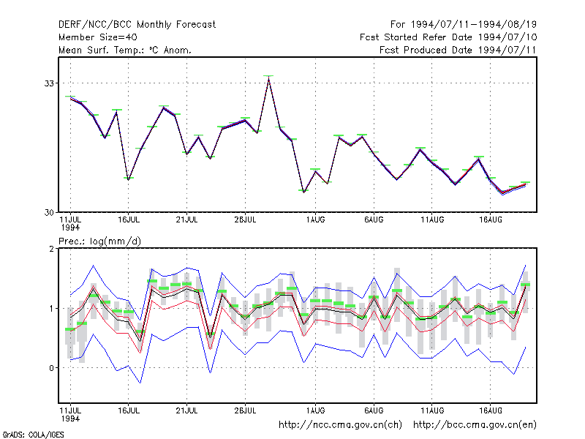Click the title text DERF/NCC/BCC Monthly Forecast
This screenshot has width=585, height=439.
(x=137, y=25)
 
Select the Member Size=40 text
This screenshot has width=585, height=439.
(x=98, y=37)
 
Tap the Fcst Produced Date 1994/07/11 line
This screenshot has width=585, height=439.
(x=458, y=50)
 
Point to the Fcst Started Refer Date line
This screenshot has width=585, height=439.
(x=448, y=37)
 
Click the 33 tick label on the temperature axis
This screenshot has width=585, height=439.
(x=49, y=83)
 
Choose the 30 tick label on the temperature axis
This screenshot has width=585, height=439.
(x=49, y=212)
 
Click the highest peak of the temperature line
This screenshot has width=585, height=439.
(x=268, y=79)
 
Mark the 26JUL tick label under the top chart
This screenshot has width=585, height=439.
(x=245, y=220)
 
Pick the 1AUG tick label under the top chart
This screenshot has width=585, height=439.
(x=316, y=220)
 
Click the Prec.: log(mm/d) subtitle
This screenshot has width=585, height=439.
(x=99, y=241)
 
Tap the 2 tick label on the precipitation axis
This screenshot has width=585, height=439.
(x=51, y=249)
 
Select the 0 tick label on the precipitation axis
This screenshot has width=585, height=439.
(x=51, y=368)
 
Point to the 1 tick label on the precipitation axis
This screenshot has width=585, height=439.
(x=51, y=309)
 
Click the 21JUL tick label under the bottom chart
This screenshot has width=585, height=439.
(x=186, y=410)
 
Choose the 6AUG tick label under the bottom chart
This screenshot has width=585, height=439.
(x=374, y=410)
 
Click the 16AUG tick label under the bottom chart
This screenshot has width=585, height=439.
(x=491, y=410)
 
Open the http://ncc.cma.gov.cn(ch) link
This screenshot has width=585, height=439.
(x=340, y=425)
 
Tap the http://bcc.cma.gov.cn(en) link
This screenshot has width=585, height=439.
(x=475, y=425)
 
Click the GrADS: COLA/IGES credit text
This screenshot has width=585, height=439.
(x=33, y=435)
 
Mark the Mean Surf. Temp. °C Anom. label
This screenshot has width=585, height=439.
(x=125, y=50)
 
